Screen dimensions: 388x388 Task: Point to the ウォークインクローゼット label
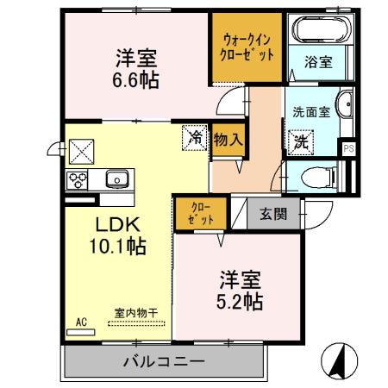point(248,46)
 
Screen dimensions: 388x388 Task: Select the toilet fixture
point(321,177)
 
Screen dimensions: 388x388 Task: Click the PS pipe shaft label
point(348,148)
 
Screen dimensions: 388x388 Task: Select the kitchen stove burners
point(79,180)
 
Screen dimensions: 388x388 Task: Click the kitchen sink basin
point(116,179)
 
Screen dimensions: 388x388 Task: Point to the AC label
point(82,322)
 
